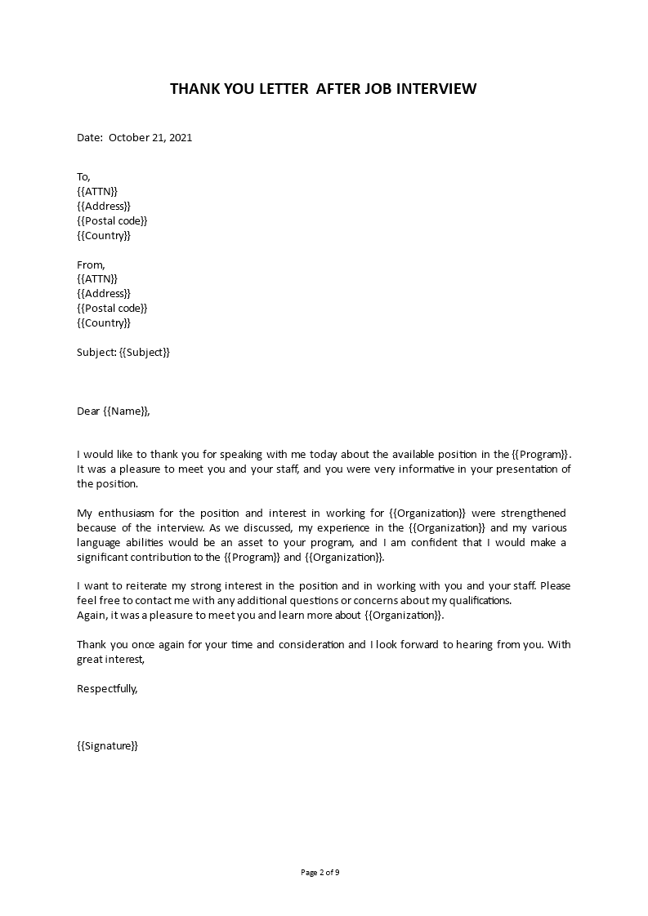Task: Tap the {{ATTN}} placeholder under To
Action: click(97, 192)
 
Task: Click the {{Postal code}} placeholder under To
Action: click(112, 221)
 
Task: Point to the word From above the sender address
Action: click(90, 265)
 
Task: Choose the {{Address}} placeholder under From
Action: click(103, 294)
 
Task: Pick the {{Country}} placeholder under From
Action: click(103, 323)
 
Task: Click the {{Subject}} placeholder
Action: click(145, 353)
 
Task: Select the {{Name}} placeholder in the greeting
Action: click(127, 411)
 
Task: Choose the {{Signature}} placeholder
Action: click(107, 746)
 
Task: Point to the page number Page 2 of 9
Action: click(320, 873)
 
